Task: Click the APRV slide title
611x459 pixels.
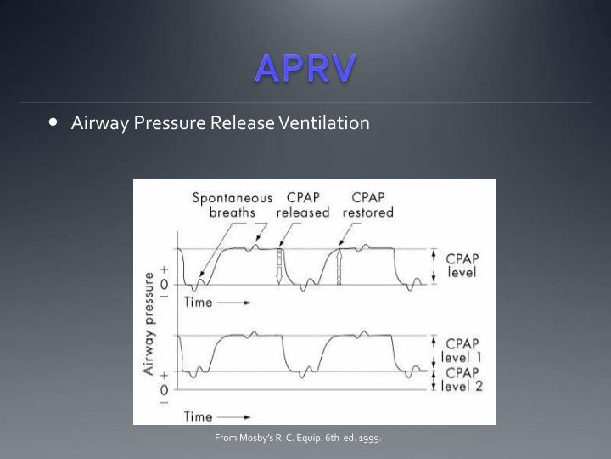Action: (x=305, y=67)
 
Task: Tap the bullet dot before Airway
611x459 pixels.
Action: (x=54, y=122)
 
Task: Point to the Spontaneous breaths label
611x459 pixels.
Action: (x=232, y=205)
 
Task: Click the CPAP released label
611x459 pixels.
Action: (x=302, y=205)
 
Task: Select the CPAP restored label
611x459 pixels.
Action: (x=368, y=205)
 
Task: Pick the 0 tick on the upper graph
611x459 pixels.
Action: (x=164, y=285)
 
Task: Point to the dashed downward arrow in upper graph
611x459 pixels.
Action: (x=277, y=267)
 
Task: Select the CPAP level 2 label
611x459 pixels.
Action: (x=462, y=379)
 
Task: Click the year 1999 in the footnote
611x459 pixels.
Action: (x=369, y=439)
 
